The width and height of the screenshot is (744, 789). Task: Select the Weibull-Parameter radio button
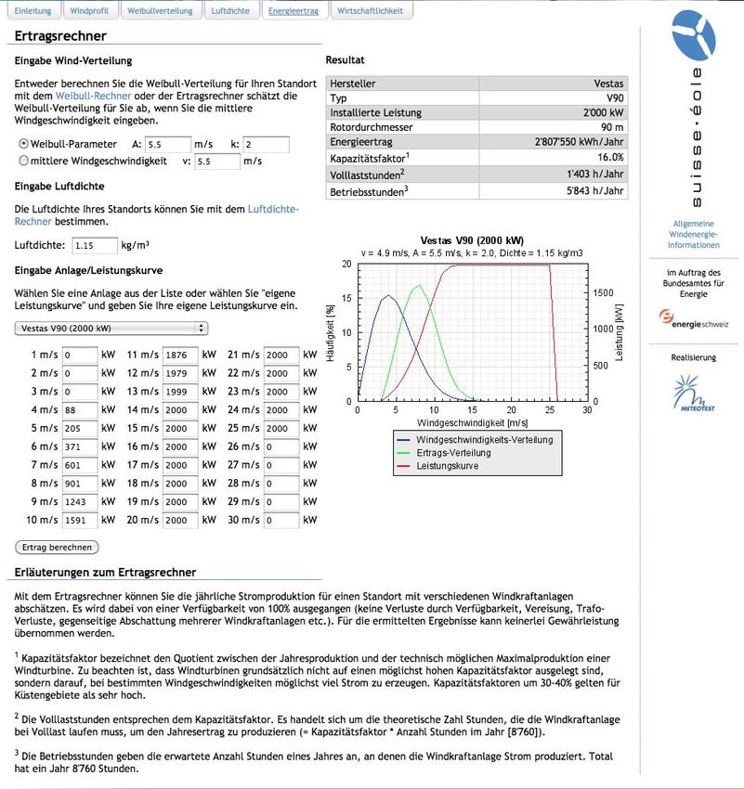tap(23, 144)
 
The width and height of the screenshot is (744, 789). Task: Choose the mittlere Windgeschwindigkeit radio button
tap(23, 161)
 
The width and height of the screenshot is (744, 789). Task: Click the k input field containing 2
tap(267, 145)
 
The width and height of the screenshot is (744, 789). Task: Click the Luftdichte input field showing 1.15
tap(95, 246)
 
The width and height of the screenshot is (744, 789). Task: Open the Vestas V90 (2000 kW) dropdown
tap(111, 328)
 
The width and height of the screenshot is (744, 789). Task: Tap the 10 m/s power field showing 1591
tap(80, 521)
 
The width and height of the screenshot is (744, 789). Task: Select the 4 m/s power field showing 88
tap(80, 409)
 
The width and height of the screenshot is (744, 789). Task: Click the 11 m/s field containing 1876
tap(179, 355)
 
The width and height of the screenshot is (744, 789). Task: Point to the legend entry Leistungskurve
tap(449, 465)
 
